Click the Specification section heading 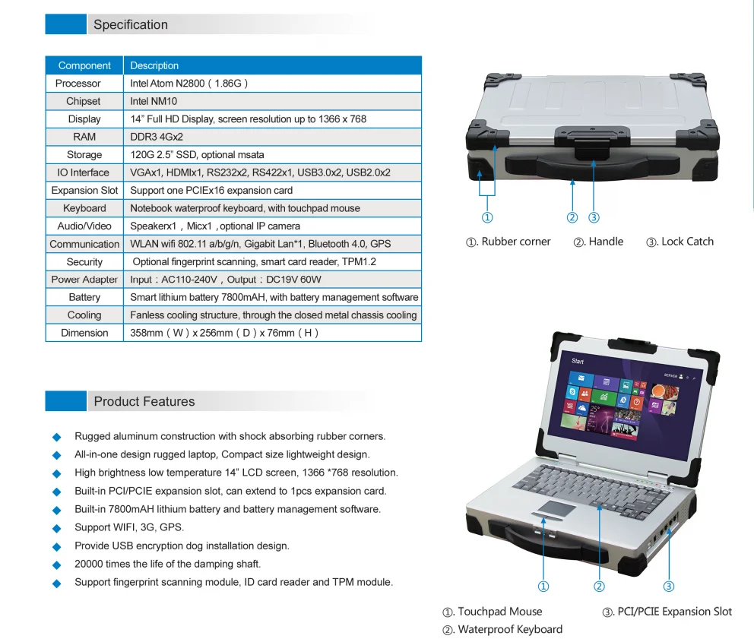[131, 25]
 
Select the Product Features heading [144, 402]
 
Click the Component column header [84, 65]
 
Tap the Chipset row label [84, 101]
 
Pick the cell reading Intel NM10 [154, 101]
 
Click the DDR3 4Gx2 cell [157, 137]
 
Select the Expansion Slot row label [84, 191]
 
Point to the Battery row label [84, 297]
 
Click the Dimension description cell [224, 333]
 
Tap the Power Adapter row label [84, 280]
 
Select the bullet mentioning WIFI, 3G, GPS [129, 527]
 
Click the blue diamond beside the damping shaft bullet [55, 565]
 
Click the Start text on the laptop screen [578, 362]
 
